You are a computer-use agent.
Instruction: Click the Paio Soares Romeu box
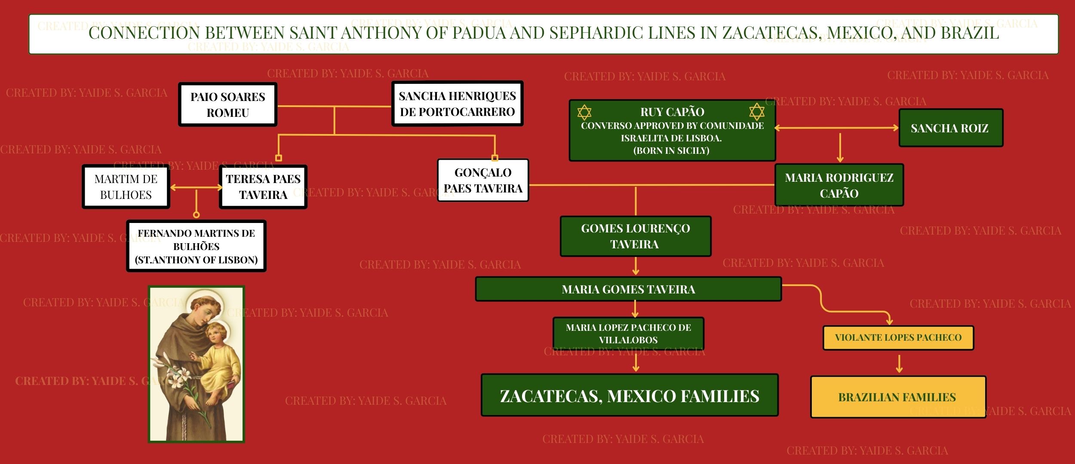coord(227,104)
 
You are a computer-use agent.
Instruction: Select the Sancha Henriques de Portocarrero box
coord(457,104)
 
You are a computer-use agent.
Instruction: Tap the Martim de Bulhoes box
coord(126,187)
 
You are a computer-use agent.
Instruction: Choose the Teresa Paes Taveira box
coord(263,187)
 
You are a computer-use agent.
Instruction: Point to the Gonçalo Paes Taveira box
coord(483,180)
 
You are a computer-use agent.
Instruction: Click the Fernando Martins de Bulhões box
coord(197,246)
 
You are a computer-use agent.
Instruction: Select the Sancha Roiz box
coord(950,128)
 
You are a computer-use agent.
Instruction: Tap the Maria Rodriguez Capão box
coord(839,185)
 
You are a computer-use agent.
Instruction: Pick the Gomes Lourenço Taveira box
coord(635,236)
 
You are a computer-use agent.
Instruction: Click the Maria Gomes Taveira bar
coord(628,289)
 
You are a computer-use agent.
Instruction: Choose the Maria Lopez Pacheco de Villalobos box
coord(628,333)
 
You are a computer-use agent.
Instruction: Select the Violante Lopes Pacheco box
coord(898,338)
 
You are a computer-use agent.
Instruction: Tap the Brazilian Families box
coord(898,397)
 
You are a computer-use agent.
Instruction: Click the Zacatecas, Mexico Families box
coord(630,396)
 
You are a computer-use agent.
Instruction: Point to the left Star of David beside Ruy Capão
coord(584,113)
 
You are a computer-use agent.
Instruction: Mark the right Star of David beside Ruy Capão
coord(757,112)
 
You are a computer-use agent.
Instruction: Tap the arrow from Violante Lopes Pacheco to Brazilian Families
coord(899,363)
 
